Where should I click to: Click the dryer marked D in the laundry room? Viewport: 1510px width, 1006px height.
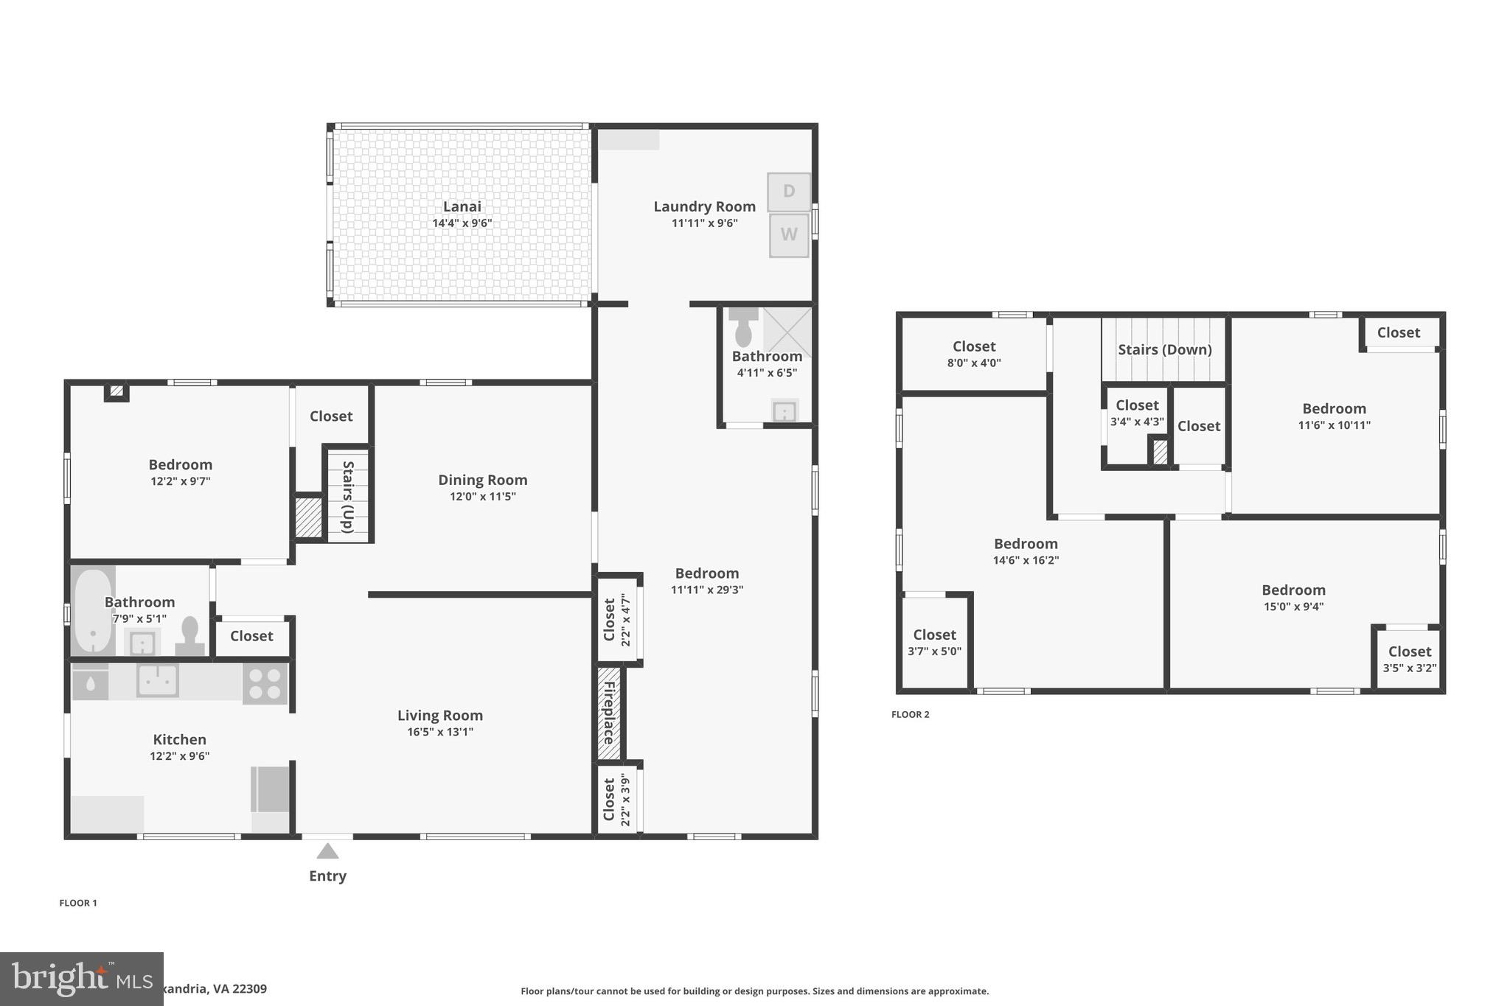788,192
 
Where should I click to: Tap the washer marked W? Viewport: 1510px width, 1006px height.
788,235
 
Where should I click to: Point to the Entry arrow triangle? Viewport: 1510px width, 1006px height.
327,852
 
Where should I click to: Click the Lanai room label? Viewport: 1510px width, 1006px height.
462,206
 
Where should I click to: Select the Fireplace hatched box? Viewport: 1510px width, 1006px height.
609,713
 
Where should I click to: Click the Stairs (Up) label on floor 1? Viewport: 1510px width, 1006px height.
348,496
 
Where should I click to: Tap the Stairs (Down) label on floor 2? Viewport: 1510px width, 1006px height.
1164,349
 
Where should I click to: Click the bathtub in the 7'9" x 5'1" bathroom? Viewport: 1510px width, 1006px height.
92,611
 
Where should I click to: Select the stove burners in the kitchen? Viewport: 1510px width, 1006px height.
265,684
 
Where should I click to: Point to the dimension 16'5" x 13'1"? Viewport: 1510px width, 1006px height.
439,732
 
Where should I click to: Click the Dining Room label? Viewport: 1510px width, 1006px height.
482,480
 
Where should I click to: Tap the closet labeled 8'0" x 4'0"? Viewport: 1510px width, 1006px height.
973,354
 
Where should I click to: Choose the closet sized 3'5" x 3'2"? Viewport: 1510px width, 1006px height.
1409,659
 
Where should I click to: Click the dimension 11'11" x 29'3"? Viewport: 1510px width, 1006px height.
706,590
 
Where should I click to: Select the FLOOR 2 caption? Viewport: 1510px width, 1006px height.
910,714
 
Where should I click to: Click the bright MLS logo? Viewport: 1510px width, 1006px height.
81,979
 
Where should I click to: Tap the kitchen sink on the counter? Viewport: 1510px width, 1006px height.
157,680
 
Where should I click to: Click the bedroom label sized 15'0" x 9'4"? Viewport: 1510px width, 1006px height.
1293,590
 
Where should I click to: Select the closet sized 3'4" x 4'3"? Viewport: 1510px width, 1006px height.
1136,413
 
